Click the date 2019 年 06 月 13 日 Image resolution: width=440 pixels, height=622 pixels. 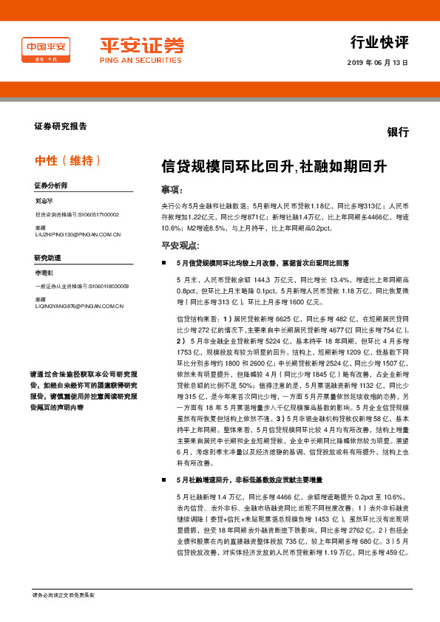pos(377,63)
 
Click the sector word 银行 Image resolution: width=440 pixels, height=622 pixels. pos(398,132)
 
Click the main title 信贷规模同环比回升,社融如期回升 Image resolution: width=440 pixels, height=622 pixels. pos(263,167)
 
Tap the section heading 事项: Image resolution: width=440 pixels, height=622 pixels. pos(172,189)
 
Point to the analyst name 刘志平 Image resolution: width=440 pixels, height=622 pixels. pos(45,200)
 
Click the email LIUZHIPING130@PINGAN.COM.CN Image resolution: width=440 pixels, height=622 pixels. pos(78,234)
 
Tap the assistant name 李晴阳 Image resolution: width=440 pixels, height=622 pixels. pos(45,273)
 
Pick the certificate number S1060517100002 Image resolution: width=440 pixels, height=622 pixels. pos(92,214)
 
